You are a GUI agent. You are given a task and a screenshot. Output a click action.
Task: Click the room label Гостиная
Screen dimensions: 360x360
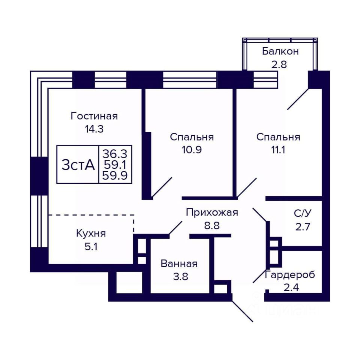pyautogui.click(x=94, y=116)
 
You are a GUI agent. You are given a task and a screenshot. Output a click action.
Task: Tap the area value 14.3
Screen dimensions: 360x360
pyautogui.click(x=94, y=129)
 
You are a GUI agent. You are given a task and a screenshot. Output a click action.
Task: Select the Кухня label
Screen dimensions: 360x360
pyautogui.click(x=91, y=234)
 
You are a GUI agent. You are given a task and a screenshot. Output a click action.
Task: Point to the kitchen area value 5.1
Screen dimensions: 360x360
pyautogui.click(x=91, y=247)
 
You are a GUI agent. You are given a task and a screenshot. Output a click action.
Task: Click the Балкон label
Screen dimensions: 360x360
pyautogui.click(x=280, y=51)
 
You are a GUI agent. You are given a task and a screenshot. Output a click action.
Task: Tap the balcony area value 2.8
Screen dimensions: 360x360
pyautogui.click(x=279, y=64)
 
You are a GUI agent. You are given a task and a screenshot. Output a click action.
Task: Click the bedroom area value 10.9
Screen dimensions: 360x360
pyautogui.click(x=192, y=150)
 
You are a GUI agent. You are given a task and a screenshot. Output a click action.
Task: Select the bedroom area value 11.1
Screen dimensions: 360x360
pyautogui.click(x=278, y=150)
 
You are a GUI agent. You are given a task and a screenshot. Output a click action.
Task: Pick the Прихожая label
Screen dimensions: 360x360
pyautogui.click(x=212, y=212)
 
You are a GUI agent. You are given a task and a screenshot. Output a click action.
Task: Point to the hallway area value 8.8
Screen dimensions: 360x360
pyautogui.click(x=212, y=225)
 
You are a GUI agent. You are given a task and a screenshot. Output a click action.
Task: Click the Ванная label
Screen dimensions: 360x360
pyautogui.click(x=179, y=264)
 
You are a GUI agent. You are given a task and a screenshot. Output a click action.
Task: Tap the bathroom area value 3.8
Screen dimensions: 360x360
pyautogui.click(x=181, y=277)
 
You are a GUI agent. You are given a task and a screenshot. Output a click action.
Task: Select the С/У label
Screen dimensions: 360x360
pyautogui.click(x=303, y=213)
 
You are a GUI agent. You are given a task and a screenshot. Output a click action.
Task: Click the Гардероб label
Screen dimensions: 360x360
pyautogui.click(x=290, y=274)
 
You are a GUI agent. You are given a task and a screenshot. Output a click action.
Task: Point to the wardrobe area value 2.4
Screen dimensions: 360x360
pyautogui.click(x=291, y=287)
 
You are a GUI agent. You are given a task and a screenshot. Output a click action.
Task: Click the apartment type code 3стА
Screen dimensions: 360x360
pyautogui.click(x=78, y=165)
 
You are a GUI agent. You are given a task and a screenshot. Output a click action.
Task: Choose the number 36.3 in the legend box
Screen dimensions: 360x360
pyautogui.click(x=115, y=154)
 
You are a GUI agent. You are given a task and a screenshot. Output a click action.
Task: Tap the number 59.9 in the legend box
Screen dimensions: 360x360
pyautogui.click(x=115, y=175)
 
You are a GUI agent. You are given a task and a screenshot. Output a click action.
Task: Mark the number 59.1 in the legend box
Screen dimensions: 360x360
pyautogui.click(x=115, y=165)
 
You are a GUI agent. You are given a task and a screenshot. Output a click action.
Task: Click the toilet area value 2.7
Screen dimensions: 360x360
pyautogui.click(x=303, y=226)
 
